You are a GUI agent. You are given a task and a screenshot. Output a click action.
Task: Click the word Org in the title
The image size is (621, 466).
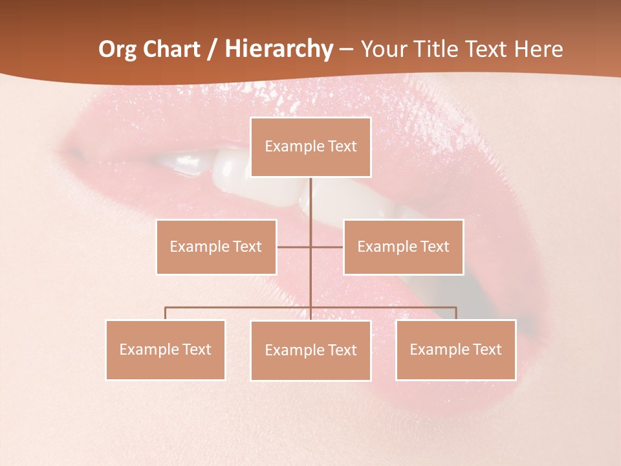117,49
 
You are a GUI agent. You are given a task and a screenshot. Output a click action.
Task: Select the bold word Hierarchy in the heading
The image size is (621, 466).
279,49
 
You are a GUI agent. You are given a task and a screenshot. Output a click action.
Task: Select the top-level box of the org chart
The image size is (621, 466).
310,147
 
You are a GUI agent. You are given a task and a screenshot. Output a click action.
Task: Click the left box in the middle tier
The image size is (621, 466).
216,247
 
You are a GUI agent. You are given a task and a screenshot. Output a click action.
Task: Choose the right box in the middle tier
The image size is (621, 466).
404,247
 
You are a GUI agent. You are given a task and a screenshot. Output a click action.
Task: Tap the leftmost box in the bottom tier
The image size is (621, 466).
166,349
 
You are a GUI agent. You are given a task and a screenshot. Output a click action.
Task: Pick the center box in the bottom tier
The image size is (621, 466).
310,350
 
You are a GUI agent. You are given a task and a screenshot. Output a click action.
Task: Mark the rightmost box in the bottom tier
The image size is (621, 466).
456,349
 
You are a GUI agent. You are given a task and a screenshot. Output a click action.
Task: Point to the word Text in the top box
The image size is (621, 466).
342,146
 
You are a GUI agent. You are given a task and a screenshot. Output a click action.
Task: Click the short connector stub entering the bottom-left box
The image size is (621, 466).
166,313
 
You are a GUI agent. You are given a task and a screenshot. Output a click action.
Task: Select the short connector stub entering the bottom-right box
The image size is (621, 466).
456,313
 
